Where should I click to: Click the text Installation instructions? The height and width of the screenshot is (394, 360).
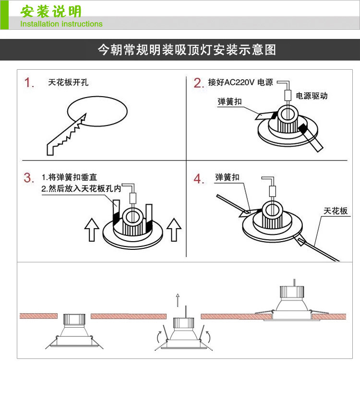tap(61, 24)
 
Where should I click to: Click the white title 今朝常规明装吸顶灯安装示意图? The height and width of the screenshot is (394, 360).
tap(187, 49)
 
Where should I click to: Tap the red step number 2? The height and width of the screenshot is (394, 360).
tap(199, 83)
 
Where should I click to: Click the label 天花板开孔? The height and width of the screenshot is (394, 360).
tap(69, 82)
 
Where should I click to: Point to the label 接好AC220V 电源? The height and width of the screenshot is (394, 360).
tap(240, 82)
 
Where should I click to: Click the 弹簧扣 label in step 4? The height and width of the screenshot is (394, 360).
tap(228, 178)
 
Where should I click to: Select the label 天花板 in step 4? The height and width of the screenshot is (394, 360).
tap(336, 211)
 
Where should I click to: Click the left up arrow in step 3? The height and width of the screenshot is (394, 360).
tap(92, 229)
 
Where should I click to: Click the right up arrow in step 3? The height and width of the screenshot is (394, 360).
tap(174, 229)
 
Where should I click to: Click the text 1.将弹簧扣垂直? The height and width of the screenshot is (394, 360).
tap(69, 178)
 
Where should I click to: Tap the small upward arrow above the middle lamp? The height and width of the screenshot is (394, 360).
tap(177, 300)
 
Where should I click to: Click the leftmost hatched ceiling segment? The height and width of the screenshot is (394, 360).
tap(38, 316)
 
